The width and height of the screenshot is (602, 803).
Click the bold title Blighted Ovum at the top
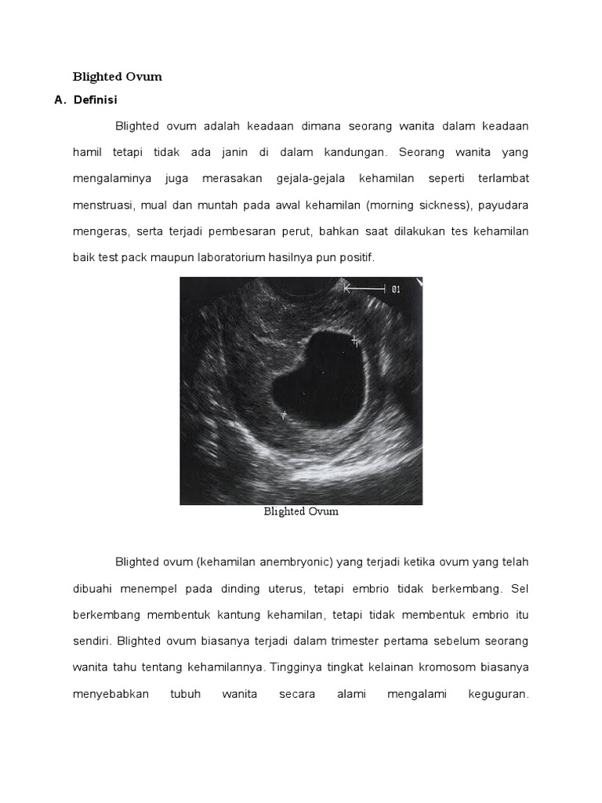pyautogui.click(x=117, y=77)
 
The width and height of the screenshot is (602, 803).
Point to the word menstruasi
pyautogui.click(x=102, y=205)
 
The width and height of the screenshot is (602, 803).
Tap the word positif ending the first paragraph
pyautogui.click(x=357, y=257)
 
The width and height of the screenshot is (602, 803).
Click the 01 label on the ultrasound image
pyautogui.click(x=396, y=289)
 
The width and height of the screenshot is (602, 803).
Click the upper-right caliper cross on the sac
pyautogui.click(x=354, y=340)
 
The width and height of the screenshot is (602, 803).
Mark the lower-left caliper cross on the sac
pyautogui.click(x=284, y=415)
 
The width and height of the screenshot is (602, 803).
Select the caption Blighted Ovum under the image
pyautogui.click(x=301, y=511)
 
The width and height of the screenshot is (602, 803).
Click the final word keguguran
pyautogui.click(x=499, y=695)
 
